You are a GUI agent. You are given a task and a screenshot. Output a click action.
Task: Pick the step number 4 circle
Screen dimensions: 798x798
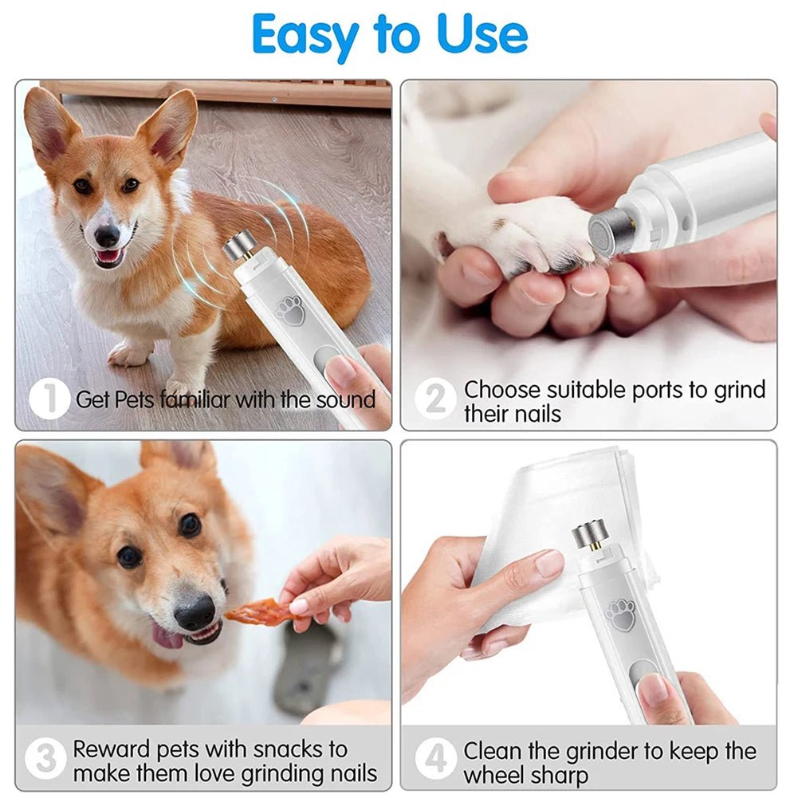[x=435, y=760]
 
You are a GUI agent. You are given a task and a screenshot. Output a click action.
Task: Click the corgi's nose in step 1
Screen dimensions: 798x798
[x=107, y=235]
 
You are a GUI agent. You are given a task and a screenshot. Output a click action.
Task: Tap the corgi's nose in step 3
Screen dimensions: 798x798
[x=195, y=613]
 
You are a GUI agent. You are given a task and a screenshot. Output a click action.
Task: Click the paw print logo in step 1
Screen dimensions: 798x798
[x=291, y=309]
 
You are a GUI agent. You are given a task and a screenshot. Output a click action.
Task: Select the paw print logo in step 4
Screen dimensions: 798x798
[x=621, y=615]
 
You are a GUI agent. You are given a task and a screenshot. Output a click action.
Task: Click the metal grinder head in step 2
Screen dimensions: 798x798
[x=611, y=233]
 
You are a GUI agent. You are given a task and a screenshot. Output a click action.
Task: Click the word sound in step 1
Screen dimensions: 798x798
[x=345, y=399]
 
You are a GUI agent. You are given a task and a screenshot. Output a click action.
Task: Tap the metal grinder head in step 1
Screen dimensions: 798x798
[x=238, y=246]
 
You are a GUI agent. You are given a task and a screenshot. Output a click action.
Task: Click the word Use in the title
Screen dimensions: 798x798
[x=482, y=33]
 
